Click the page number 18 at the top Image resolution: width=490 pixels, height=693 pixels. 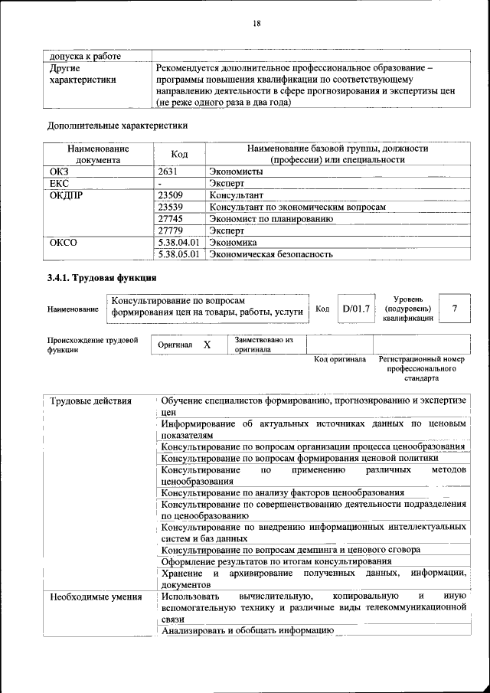pyautogui.click(x=256, y=24)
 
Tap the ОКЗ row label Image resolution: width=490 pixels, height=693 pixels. pyautogui.click(x=59, y=172)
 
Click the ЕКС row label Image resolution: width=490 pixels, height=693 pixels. pyautogui.click(x=59, y=184)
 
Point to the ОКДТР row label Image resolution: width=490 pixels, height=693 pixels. pyautogui.click(x=65, y=195)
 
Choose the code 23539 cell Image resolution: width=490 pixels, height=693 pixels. pyautogui.click(x=171, y=207)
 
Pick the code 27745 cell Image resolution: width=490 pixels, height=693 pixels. pyautogui.click(x=171, y=218)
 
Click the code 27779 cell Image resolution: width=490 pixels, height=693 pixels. pyautogui.click(x=171, y=230)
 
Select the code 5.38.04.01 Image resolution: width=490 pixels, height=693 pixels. pyautogui.click(x=178, y=241)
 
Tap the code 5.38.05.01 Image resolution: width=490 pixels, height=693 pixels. pyautogui.click(x=178, y=253)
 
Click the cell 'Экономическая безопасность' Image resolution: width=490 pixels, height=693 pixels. pyautogui.click(x=271, y=253)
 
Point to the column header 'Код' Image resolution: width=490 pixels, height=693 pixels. pyautogui.click(x=179, y=154)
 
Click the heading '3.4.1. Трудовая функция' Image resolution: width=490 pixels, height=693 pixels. pyautogui.click(x=102, y=277)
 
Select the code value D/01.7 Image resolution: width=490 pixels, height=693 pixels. pyautogui.click(x=356, y=309)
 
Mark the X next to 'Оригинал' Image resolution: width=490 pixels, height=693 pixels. pyautogui.click(x=207, y=345)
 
